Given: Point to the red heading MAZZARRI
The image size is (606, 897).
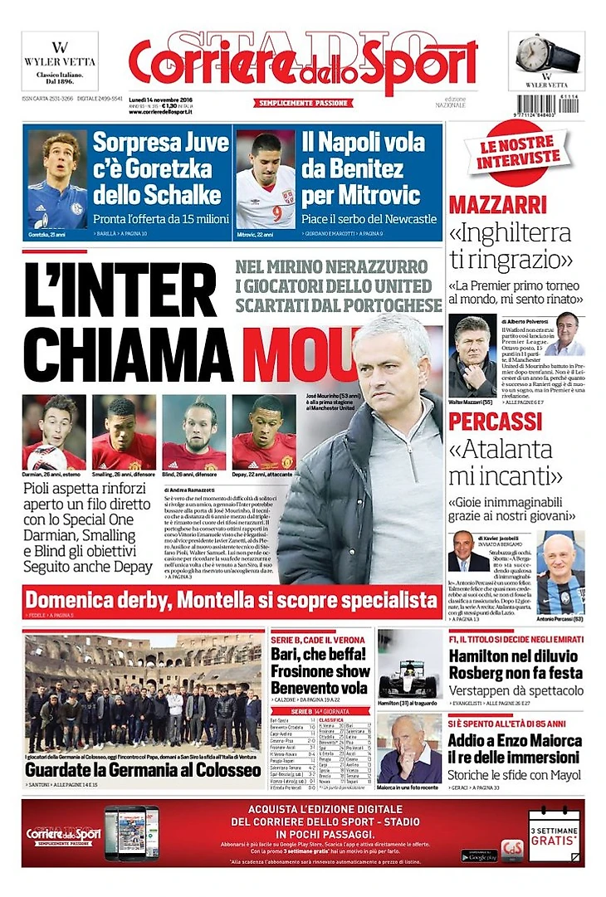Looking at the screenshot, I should [x=498, y=204].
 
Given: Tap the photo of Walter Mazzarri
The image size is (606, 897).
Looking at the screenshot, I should [x=472, y=355].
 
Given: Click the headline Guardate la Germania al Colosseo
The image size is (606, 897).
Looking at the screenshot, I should [x=143, y=768].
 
